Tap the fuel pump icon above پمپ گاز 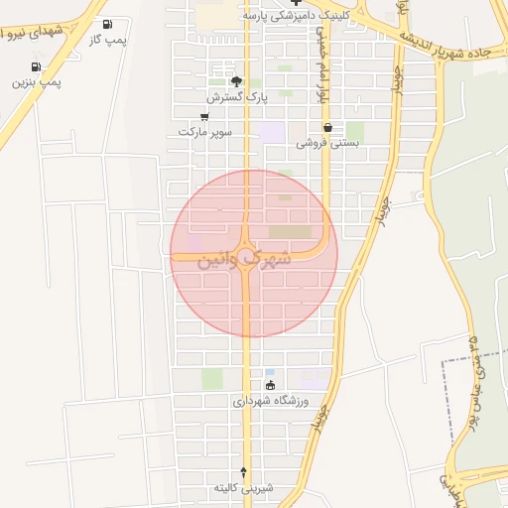coord(107,24)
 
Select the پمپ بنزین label coord(37,81)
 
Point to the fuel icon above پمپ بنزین coord(37,66)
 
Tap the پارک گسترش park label coord(238,97)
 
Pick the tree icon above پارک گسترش coord(236,81)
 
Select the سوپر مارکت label coord(205,131)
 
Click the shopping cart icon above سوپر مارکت coord(204,116)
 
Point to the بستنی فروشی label coord(328,143)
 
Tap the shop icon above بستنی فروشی coord(327,127)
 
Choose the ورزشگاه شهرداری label coord(271,401)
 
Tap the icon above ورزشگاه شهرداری coord(270,385)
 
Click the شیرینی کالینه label coord(244,488)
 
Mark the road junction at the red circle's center coord(245,254)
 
